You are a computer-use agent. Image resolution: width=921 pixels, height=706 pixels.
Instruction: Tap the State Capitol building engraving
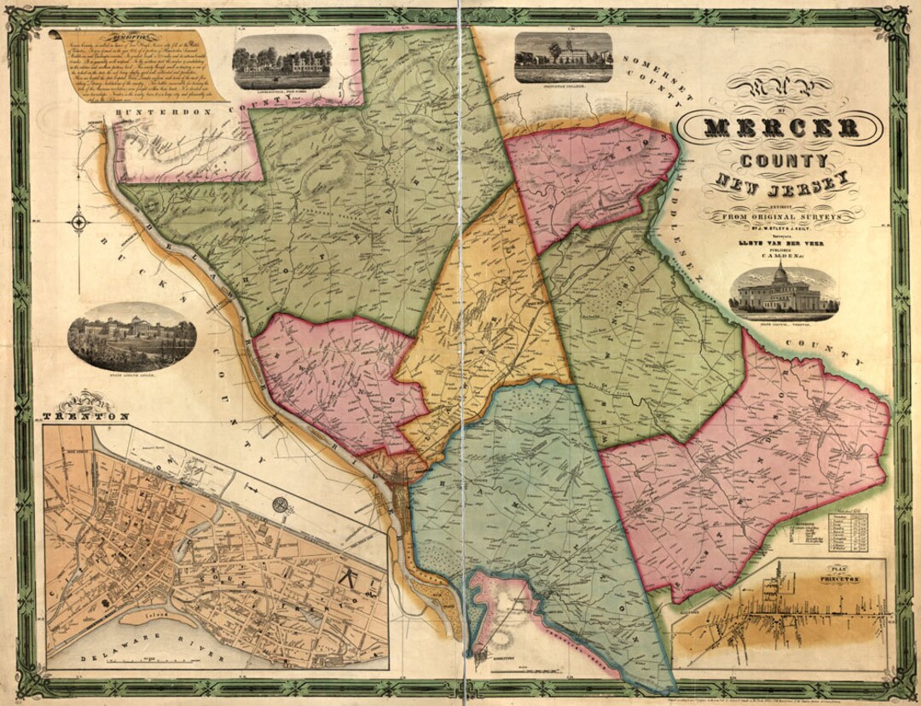[784, 292]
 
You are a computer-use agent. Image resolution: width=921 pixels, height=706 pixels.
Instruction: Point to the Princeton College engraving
[564, 56]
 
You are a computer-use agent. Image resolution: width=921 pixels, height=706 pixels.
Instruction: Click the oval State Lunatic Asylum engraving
[132, 336]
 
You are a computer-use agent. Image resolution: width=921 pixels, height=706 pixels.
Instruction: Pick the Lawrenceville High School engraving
[281, 61]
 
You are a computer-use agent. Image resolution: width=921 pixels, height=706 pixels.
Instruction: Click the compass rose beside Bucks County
[78, 223]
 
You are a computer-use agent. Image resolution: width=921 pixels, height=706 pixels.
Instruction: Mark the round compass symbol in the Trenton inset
[281, 505]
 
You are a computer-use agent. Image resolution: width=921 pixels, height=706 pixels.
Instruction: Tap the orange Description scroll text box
[136, 66]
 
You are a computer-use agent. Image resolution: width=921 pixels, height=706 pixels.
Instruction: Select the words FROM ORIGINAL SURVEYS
[782, 217]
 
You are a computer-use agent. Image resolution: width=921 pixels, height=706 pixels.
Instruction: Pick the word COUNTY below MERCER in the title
[782, 160]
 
